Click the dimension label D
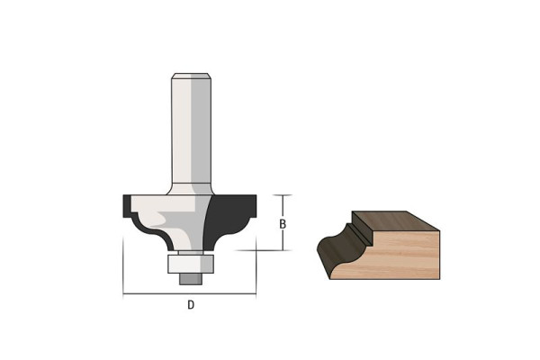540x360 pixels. coord(191,305)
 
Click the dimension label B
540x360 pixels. coord(283,224)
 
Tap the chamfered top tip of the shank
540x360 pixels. coord(191,76)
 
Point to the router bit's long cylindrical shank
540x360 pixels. coord(191,130)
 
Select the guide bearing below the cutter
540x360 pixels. coord(191,264)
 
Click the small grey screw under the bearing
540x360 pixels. coord(191,279)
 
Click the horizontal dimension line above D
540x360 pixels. coord(189,294)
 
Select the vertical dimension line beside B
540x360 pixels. coord(283,222)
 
